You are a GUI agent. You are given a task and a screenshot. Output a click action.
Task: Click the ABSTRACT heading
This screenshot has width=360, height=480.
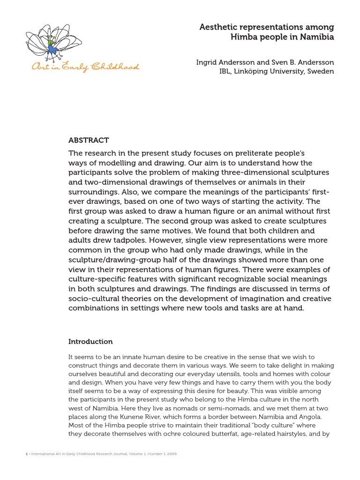click(89, 140)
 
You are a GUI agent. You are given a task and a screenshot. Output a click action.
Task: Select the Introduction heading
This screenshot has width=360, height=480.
click(90, 342)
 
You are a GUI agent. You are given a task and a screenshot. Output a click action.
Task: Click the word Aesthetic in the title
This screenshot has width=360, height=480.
click(218, 27)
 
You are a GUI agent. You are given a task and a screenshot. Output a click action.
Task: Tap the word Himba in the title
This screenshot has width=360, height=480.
click(246, 37)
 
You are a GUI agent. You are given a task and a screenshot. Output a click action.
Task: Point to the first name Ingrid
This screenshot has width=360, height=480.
click(207, 62)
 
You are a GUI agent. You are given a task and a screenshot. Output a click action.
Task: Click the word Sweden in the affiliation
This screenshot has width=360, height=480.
click(320, 71)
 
